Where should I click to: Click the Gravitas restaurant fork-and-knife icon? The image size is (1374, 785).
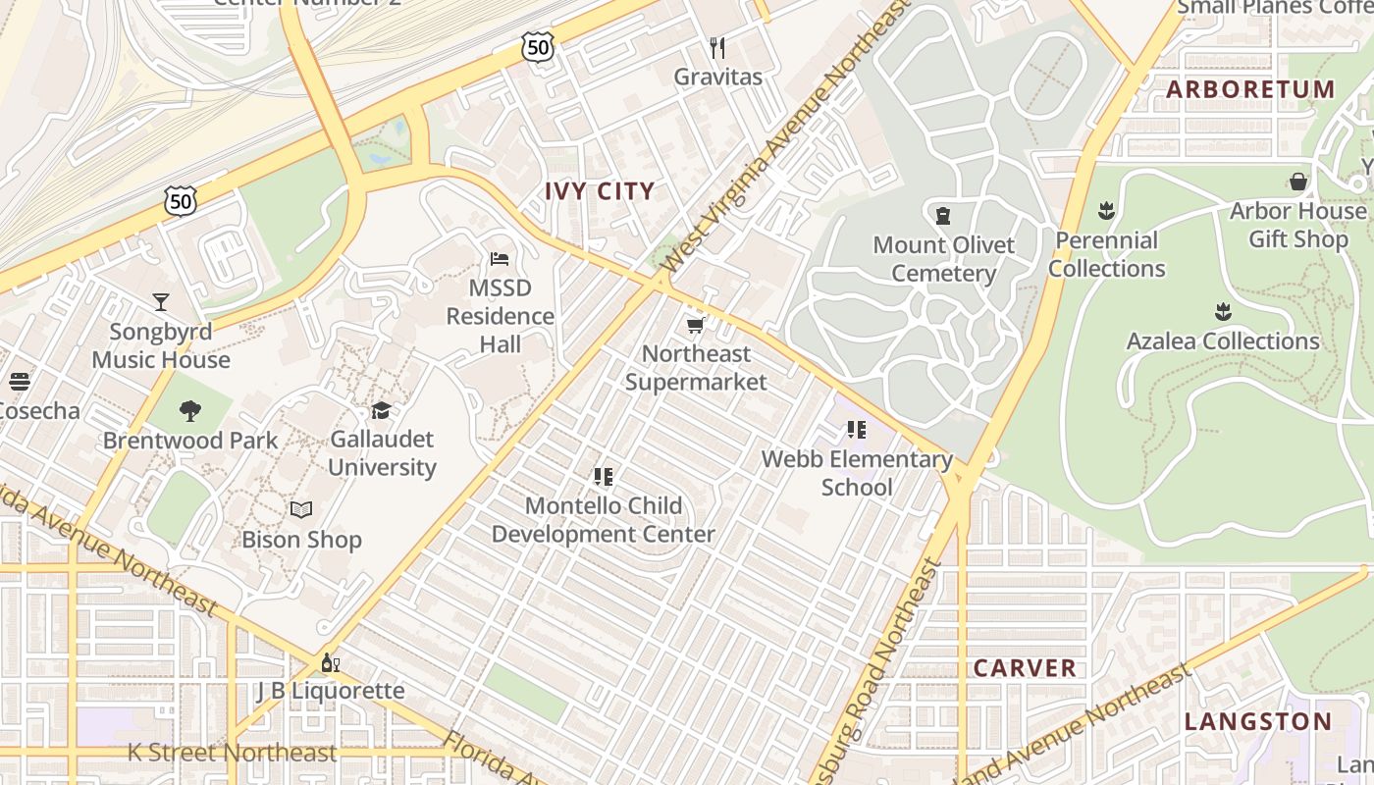click(717, 47)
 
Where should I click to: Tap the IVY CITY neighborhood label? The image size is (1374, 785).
click(600, 191)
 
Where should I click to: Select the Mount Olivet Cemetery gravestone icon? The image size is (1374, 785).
click(943, 215)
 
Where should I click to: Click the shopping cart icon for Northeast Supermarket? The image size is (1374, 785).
click(696, 325)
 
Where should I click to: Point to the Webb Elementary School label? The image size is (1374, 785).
click(857, 473)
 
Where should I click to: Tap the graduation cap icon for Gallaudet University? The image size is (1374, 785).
click(381, 410)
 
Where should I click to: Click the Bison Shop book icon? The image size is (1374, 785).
click(301, 510)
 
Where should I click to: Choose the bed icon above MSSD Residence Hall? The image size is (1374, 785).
click(500, 259)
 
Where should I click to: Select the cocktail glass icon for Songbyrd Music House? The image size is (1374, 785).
click(161, 302)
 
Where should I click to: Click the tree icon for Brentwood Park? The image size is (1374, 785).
click(190, 411)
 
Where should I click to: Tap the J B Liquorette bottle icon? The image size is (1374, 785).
click(331, 663)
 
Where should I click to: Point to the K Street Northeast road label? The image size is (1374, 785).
click(232, 753)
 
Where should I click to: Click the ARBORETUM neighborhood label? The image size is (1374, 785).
click(1250, 89)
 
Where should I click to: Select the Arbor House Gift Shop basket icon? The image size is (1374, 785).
click(1298, 182)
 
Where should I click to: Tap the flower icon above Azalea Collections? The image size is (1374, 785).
click(1223, 312)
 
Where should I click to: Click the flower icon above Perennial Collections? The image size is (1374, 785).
click(1106, 210)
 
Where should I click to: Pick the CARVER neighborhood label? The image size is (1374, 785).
click(1025, 668)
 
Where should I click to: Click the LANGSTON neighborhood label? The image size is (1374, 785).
click(1258, 722)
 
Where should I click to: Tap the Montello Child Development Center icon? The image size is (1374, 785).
click(604, 477)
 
